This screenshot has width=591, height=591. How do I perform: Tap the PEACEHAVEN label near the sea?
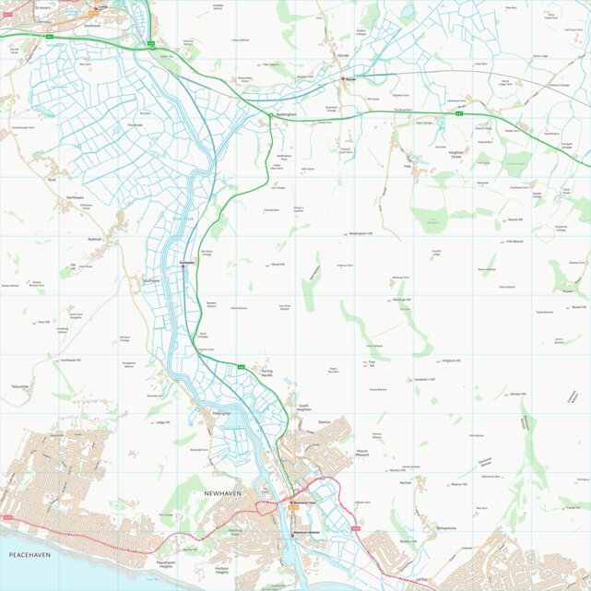pos(29,555)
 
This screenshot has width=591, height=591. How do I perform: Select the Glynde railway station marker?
pos(344,79)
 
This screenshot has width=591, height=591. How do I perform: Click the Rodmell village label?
pos(94,239)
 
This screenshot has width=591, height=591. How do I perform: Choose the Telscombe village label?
pos(20,386)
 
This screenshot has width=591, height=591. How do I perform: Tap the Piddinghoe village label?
pos(220,414)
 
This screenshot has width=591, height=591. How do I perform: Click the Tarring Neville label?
pos(266,373)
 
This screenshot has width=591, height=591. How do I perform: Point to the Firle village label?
pos(407,166)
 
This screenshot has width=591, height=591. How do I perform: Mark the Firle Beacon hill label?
pos(515,242)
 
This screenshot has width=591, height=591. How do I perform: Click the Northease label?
pos(75,198)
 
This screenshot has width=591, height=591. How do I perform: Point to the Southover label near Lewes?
pos(91,26)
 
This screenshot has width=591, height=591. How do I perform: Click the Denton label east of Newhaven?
pos(324,421)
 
